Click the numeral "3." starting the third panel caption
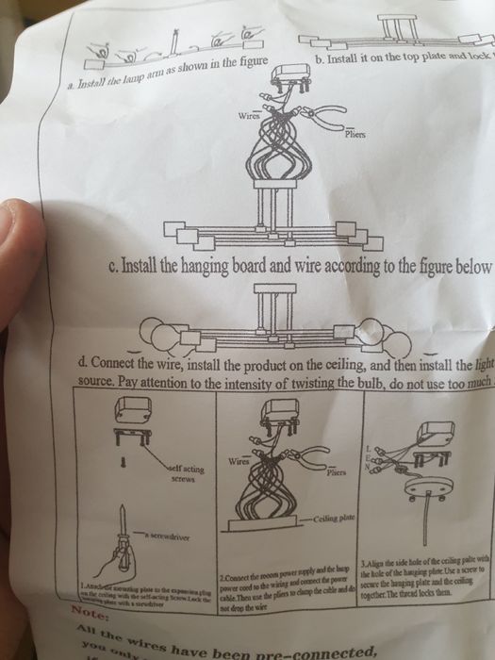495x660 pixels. [x=364, y=563]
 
